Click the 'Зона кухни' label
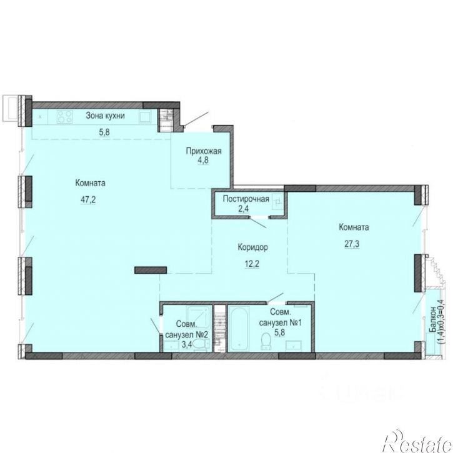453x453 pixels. tap(105, 116)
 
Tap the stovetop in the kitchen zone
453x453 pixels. tap(64, 117)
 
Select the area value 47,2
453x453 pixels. tap(88, 199)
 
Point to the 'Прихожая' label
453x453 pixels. tap(204, 151)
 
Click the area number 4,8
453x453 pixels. tap(203, 160)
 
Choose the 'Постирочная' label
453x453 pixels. tap(246, 199)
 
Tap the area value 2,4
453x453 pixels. tap(244, 208)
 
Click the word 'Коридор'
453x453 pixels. tap(253, 247)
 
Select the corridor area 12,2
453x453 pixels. tap(251, 264)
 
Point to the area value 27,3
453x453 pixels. tap(352, 244)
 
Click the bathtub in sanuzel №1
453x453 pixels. tap(239, 329)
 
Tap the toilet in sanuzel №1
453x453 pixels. tap(266, 341)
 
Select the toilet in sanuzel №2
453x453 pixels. tap(201, 344)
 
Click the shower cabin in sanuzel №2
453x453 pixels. tap(197, 315)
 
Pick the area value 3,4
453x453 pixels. tap(187, 345)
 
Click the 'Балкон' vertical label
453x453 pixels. tap(433, 319)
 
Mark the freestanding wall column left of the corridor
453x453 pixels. tap(151, 270)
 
